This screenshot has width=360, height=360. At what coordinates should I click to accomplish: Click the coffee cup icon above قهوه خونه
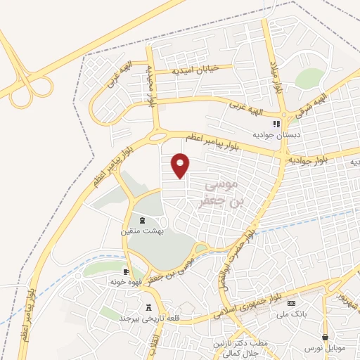point(126,272)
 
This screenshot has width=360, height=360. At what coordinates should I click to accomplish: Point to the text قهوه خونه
point(122,282)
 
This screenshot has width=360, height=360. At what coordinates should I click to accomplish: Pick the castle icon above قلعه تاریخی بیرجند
point(148,307)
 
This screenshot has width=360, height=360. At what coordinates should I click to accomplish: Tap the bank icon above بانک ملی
point(292,303)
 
